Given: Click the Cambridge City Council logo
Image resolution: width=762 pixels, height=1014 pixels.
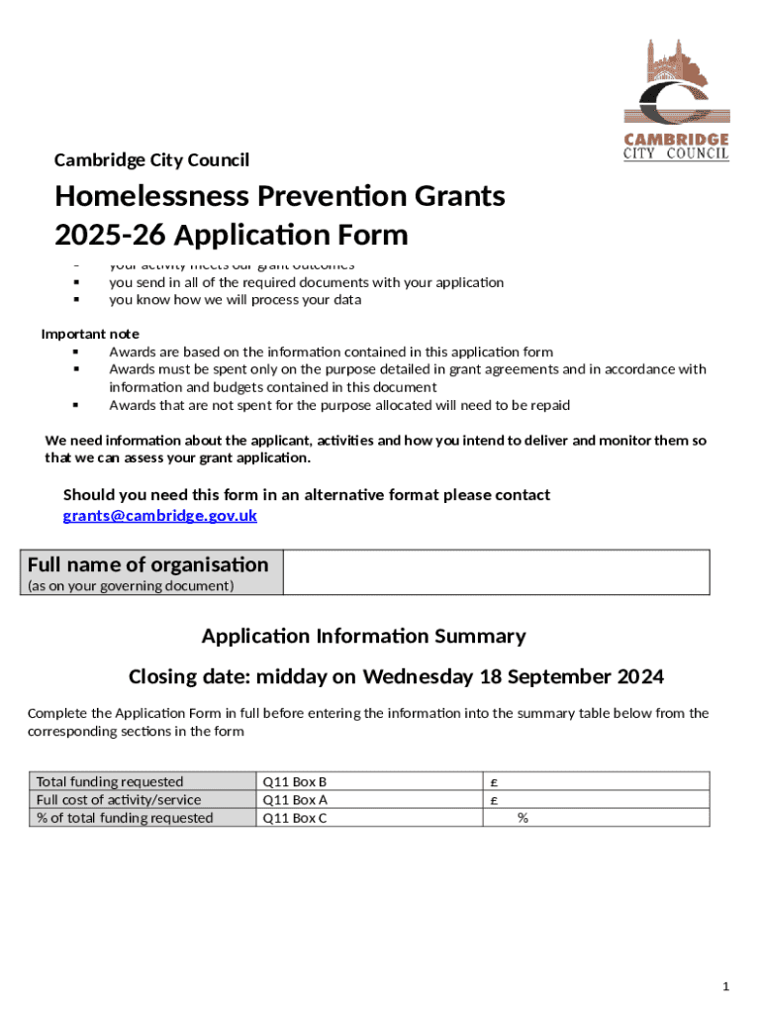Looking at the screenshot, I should tap(676, 100).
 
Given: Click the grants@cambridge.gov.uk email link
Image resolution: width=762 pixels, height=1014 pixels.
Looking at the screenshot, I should tap(160, 516).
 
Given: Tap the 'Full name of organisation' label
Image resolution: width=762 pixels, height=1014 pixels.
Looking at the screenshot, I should tap(147, 564).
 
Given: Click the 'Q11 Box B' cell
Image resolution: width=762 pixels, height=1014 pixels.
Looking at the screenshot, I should tap(294, 782).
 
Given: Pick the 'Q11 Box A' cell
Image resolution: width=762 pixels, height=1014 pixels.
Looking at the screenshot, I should tap(294, 800).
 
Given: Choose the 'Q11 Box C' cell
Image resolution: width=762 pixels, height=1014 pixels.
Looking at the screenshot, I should tap(294, 818).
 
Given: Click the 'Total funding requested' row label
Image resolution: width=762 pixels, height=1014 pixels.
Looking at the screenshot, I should tap(110, 782).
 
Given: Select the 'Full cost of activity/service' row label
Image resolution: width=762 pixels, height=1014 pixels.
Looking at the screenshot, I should tap(119, 800).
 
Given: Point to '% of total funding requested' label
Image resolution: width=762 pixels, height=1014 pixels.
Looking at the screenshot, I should tap(125, 818).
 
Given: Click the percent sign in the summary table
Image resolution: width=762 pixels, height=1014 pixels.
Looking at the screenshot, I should tap(523, 818).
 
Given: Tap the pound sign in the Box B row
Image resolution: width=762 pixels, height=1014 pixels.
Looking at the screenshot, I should tap(494, 782).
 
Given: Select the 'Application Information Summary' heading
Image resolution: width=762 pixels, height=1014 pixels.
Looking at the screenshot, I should tap(363, 636).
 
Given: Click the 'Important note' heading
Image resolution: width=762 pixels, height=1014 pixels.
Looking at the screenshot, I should tap(90, 334).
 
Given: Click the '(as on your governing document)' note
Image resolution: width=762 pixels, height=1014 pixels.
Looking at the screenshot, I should tap(130, 586).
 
